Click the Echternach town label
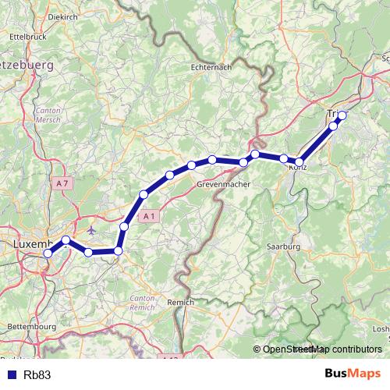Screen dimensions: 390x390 coord(211,68)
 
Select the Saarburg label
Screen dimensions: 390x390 coord(283,246)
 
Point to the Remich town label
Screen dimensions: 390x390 coord(181,301)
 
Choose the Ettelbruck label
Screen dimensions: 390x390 coord(22,36)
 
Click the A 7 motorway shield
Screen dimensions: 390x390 coord(63,183)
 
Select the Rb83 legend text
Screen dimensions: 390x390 coord(37,374)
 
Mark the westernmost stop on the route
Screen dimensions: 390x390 coord(48,253)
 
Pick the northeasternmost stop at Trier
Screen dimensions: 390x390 coord(342,115)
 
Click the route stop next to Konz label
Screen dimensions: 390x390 coord(300,162)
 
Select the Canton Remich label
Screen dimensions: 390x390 coord(142,302)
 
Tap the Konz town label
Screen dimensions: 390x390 coord(296,168)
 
